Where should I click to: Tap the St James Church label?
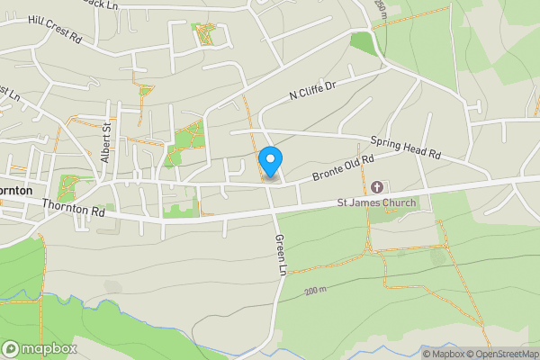pos(377,202)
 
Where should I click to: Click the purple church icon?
pos(377,187)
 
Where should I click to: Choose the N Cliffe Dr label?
pos(312,90)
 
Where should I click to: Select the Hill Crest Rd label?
pos(55,30)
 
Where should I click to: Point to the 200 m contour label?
pos(315,291)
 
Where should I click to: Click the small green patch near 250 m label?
pos(363,41)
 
